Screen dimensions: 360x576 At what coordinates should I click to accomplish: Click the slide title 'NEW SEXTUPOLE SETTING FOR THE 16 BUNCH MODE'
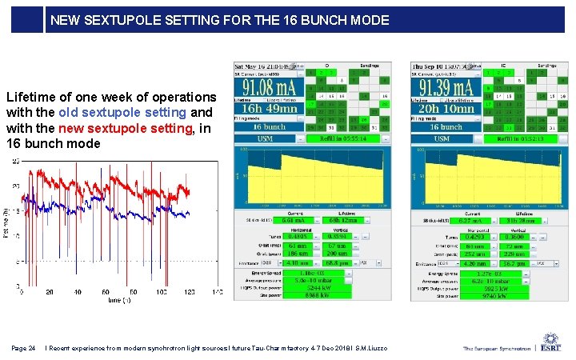(x=219, y=20)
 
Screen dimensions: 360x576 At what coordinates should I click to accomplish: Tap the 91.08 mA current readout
(x=266, y=87)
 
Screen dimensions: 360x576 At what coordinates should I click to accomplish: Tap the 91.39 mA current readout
(x=445, y=87)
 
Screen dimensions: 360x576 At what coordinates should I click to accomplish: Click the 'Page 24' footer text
(x=23, y=348)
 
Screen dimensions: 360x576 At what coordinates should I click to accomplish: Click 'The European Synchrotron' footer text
(x=497, y=349)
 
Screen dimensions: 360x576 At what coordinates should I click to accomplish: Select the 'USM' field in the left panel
(x=265, y=138)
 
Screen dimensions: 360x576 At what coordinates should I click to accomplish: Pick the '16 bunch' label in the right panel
(x=446, y=126)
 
